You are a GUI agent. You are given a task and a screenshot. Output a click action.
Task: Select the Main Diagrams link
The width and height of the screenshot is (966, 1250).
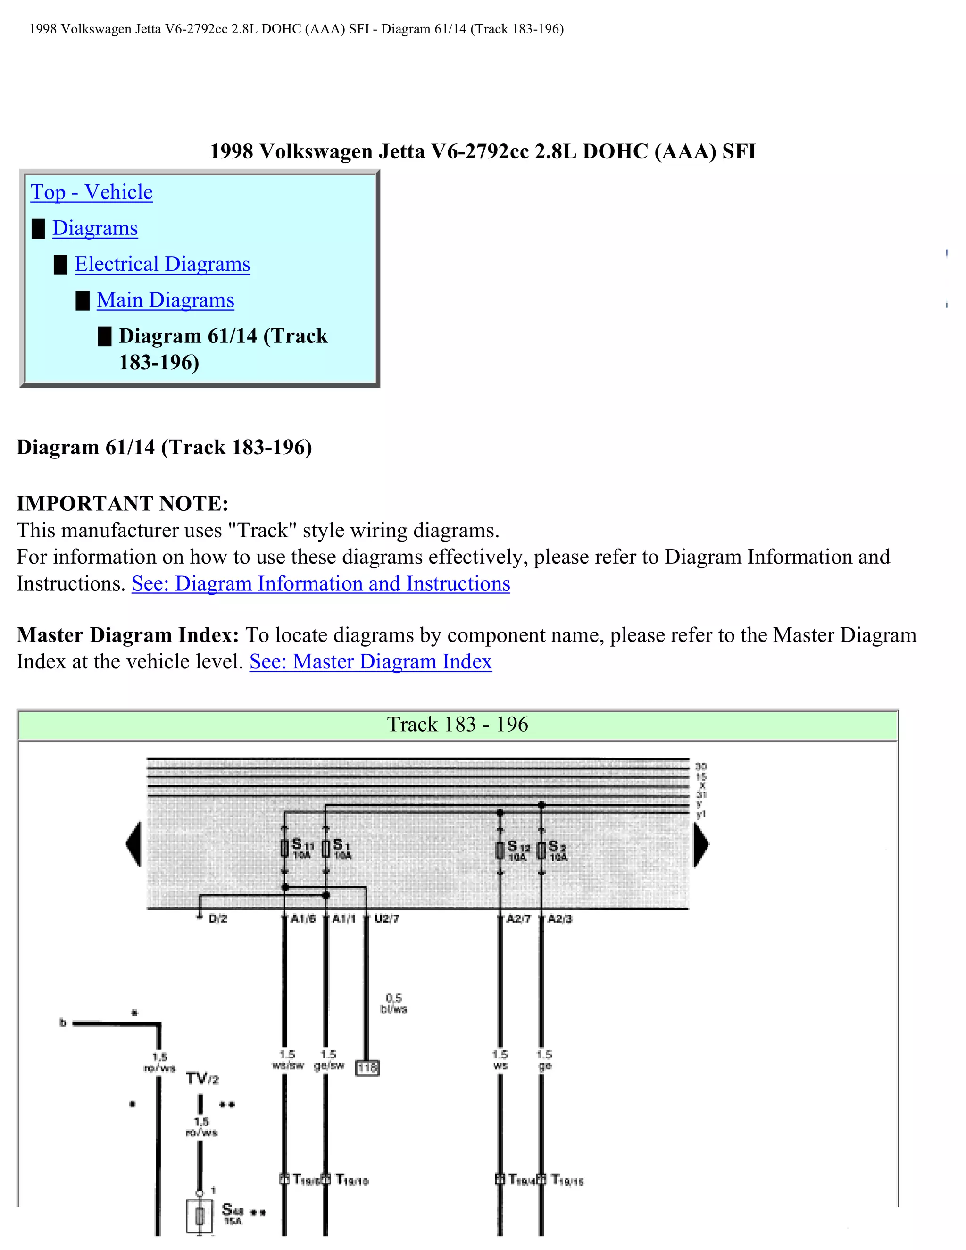pos(166,300)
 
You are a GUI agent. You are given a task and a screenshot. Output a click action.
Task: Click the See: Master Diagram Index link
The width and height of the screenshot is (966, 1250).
pos(370,662)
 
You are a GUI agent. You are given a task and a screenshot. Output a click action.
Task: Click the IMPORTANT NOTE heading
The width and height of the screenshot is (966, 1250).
pos(123,504)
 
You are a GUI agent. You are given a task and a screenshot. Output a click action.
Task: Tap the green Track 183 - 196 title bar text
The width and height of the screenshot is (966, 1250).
pos(457,725)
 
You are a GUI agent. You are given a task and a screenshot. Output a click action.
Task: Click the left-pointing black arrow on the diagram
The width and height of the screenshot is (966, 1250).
pos(134,845)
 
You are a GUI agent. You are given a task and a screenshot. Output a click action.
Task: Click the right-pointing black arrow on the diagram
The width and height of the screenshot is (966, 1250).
pos(700,845)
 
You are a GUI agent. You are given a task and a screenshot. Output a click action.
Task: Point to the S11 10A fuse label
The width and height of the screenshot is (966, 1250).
pos(302,848)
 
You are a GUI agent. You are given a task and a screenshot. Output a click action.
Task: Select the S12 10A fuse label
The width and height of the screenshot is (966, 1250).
pos(518,850)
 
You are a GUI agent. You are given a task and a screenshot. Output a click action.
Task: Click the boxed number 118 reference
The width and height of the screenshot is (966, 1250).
pos(367,1068)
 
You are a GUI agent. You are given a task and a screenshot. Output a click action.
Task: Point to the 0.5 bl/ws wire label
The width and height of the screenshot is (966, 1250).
pos(393,1004)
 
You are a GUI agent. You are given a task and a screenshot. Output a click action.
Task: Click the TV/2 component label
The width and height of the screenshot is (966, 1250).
pos(202,1079)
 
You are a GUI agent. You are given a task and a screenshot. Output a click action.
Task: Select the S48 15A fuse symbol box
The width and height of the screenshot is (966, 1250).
pos(200,1216)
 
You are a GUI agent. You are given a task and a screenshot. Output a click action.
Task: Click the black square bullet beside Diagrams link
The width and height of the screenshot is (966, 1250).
pos(38,228)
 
